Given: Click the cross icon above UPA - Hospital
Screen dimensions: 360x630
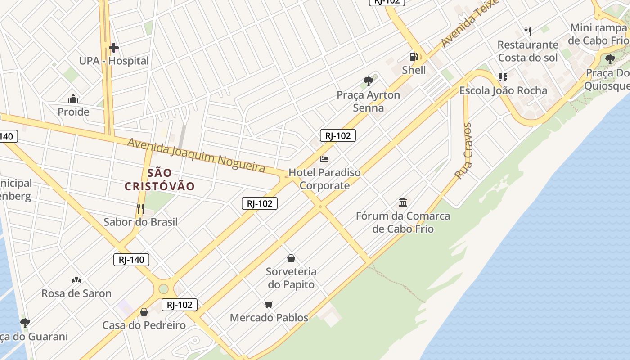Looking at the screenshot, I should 114,47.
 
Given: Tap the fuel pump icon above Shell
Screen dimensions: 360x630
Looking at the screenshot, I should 414,57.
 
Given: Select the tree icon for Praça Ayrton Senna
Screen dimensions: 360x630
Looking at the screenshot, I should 369,81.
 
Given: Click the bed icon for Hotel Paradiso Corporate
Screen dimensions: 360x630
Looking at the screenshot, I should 324,159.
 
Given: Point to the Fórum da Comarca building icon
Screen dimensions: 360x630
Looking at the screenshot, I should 403,202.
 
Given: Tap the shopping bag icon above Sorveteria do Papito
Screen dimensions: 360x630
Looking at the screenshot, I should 291,258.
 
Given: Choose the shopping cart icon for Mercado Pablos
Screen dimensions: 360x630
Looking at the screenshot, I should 269,305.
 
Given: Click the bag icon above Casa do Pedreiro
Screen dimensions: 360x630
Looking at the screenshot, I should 144,311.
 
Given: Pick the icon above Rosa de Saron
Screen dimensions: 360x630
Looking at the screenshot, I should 76,280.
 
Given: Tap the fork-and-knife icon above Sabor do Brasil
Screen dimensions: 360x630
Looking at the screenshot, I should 140,208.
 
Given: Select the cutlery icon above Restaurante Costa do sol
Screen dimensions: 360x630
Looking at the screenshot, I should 528,31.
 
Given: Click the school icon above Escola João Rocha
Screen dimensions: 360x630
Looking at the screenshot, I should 503,77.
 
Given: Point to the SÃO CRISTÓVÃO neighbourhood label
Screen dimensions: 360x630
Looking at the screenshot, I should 160,180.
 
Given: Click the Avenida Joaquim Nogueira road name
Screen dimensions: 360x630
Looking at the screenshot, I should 196,155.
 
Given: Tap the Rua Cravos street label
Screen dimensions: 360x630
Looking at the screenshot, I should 463,151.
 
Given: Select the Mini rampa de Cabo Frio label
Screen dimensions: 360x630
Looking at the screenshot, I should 598,34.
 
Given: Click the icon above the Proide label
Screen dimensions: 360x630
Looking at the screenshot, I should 73,99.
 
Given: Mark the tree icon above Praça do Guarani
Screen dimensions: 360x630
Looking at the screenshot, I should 25,323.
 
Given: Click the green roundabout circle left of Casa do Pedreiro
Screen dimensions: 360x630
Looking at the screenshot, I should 163,288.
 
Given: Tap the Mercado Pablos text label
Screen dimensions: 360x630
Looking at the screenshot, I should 269,318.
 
